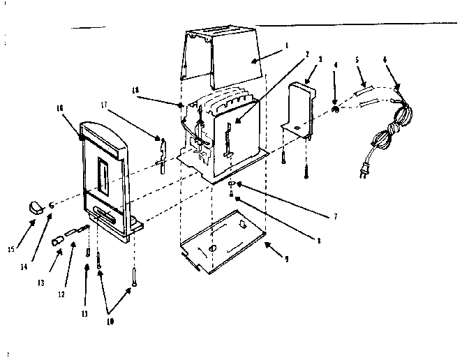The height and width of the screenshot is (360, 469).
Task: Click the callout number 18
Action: click(135, 90)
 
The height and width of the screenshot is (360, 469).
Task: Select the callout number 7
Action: click(335, 217)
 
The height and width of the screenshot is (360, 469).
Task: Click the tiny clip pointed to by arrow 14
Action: click(52, 207)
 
